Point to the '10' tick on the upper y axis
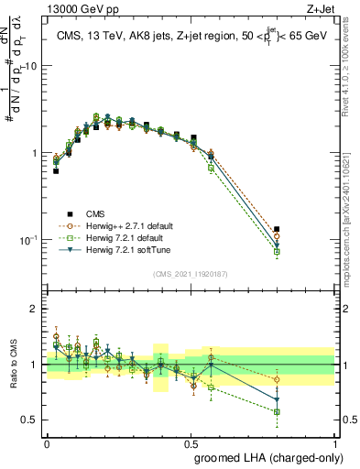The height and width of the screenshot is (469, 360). click(32, 67)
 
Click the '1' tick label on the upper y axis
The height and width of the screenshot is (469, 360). click(35, 153)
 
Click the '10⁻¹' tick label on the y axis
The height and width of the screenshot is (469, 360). click(29, 240)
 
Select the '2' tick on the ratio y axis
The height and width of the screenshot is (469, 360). click(35, 309)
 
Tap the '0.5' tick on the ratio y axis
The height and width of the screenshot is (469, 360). click(31, 420)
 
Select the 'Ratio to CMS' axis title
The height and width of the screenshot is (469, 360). click(12, 365)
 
